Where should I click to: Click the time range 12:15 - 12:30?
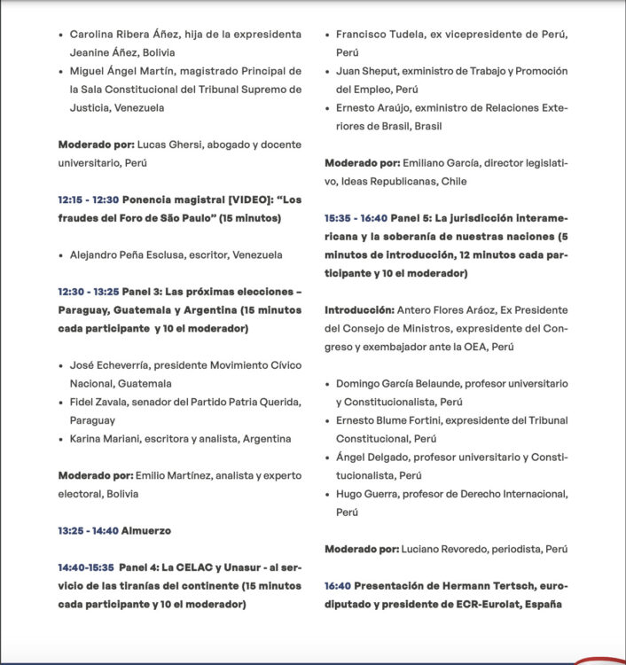[90, 199]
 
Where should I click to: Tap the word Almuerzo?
[146, 530]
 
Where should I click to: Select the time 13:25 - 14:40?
[88, 530]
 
